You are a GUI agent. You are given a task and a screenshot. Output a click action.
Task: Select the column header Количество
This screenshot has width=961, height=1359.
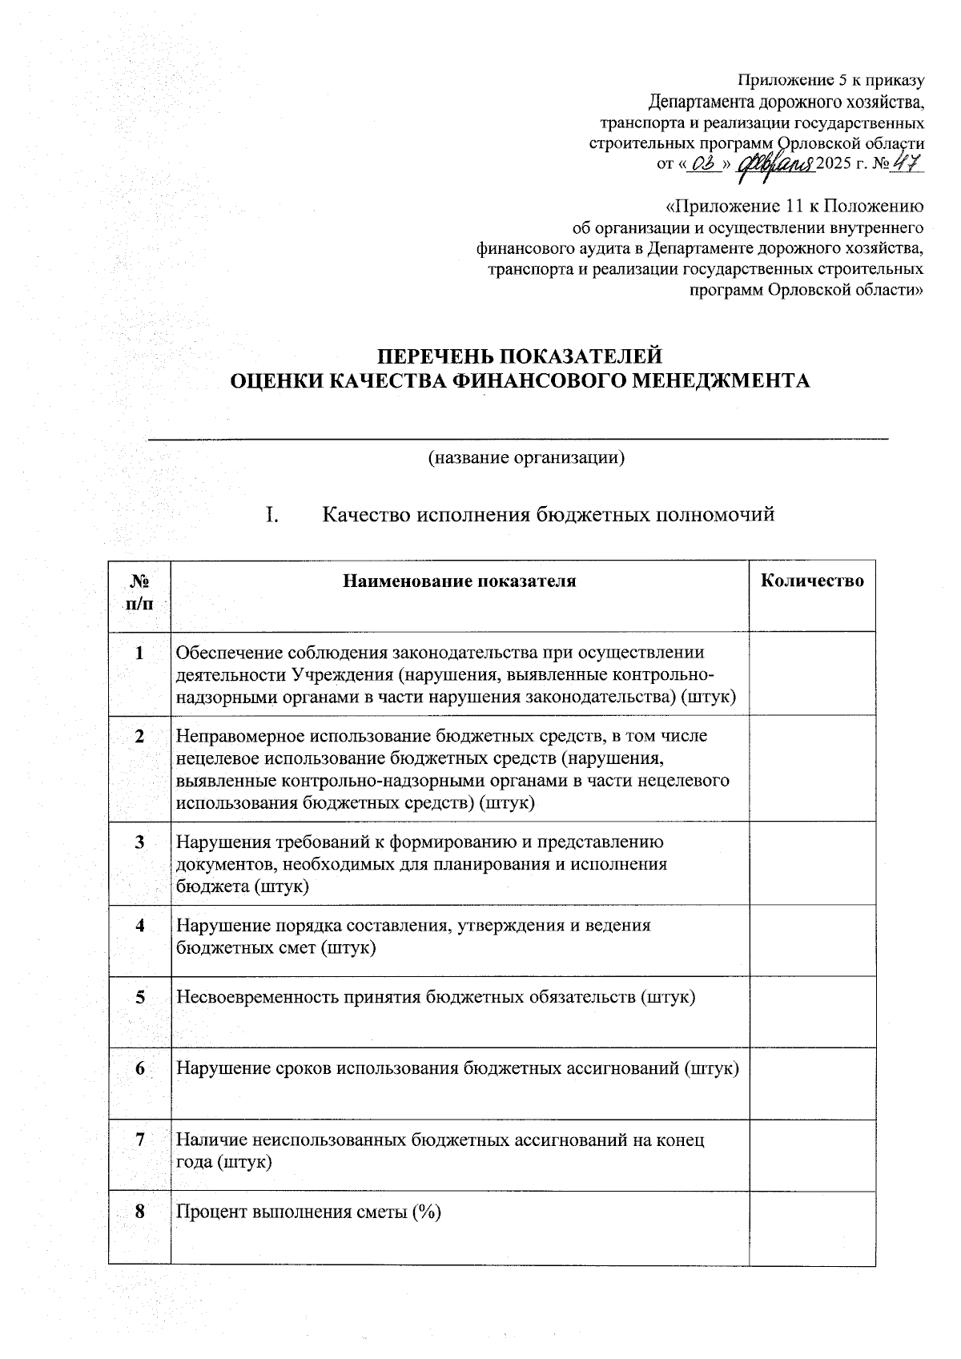tap(812, 581)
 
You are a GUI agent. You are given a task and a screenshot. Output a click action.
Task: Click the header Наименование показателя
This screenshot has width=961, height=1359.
tap(460, 581)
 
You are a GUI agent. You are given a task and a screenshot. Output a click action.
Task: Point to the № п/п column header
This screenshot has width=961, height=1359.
tap(139, 592)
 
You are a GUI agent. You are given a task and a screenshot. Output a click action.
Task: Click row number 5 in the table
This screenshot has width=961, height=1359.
tap(140, 997)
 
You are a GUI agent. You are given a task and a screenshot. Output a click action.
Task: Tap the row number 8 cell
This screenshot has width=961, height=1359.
tap(140, 1212)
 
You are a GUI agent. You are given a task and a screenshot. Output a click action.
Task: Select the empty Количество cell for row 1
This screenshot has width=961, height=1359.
tap(812, 674)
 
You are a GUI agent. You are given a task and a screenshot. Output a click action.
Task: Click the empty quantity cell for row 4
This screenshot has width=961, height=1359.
tap(812, 940)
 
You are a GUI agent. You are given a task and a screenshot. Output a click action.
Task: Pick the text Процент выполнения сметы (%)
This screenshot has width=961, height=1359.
tap(309, 1212)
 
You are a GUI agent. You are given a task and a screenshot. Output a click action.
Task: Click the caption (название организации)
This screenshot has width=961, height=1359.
tap(525, 458)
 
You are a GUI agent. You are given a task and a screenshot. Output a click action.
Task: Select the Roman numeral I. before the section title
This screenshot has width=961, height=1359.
tap(272, 515)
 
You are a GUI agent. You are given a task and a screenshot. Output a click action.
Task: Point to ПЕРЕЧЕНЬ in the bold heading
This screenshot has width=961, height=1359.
tap(429, 356)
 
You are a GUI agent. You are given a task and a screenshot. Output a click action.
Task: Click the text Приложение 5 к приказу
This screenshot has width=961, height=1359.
tap(830, 80)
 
